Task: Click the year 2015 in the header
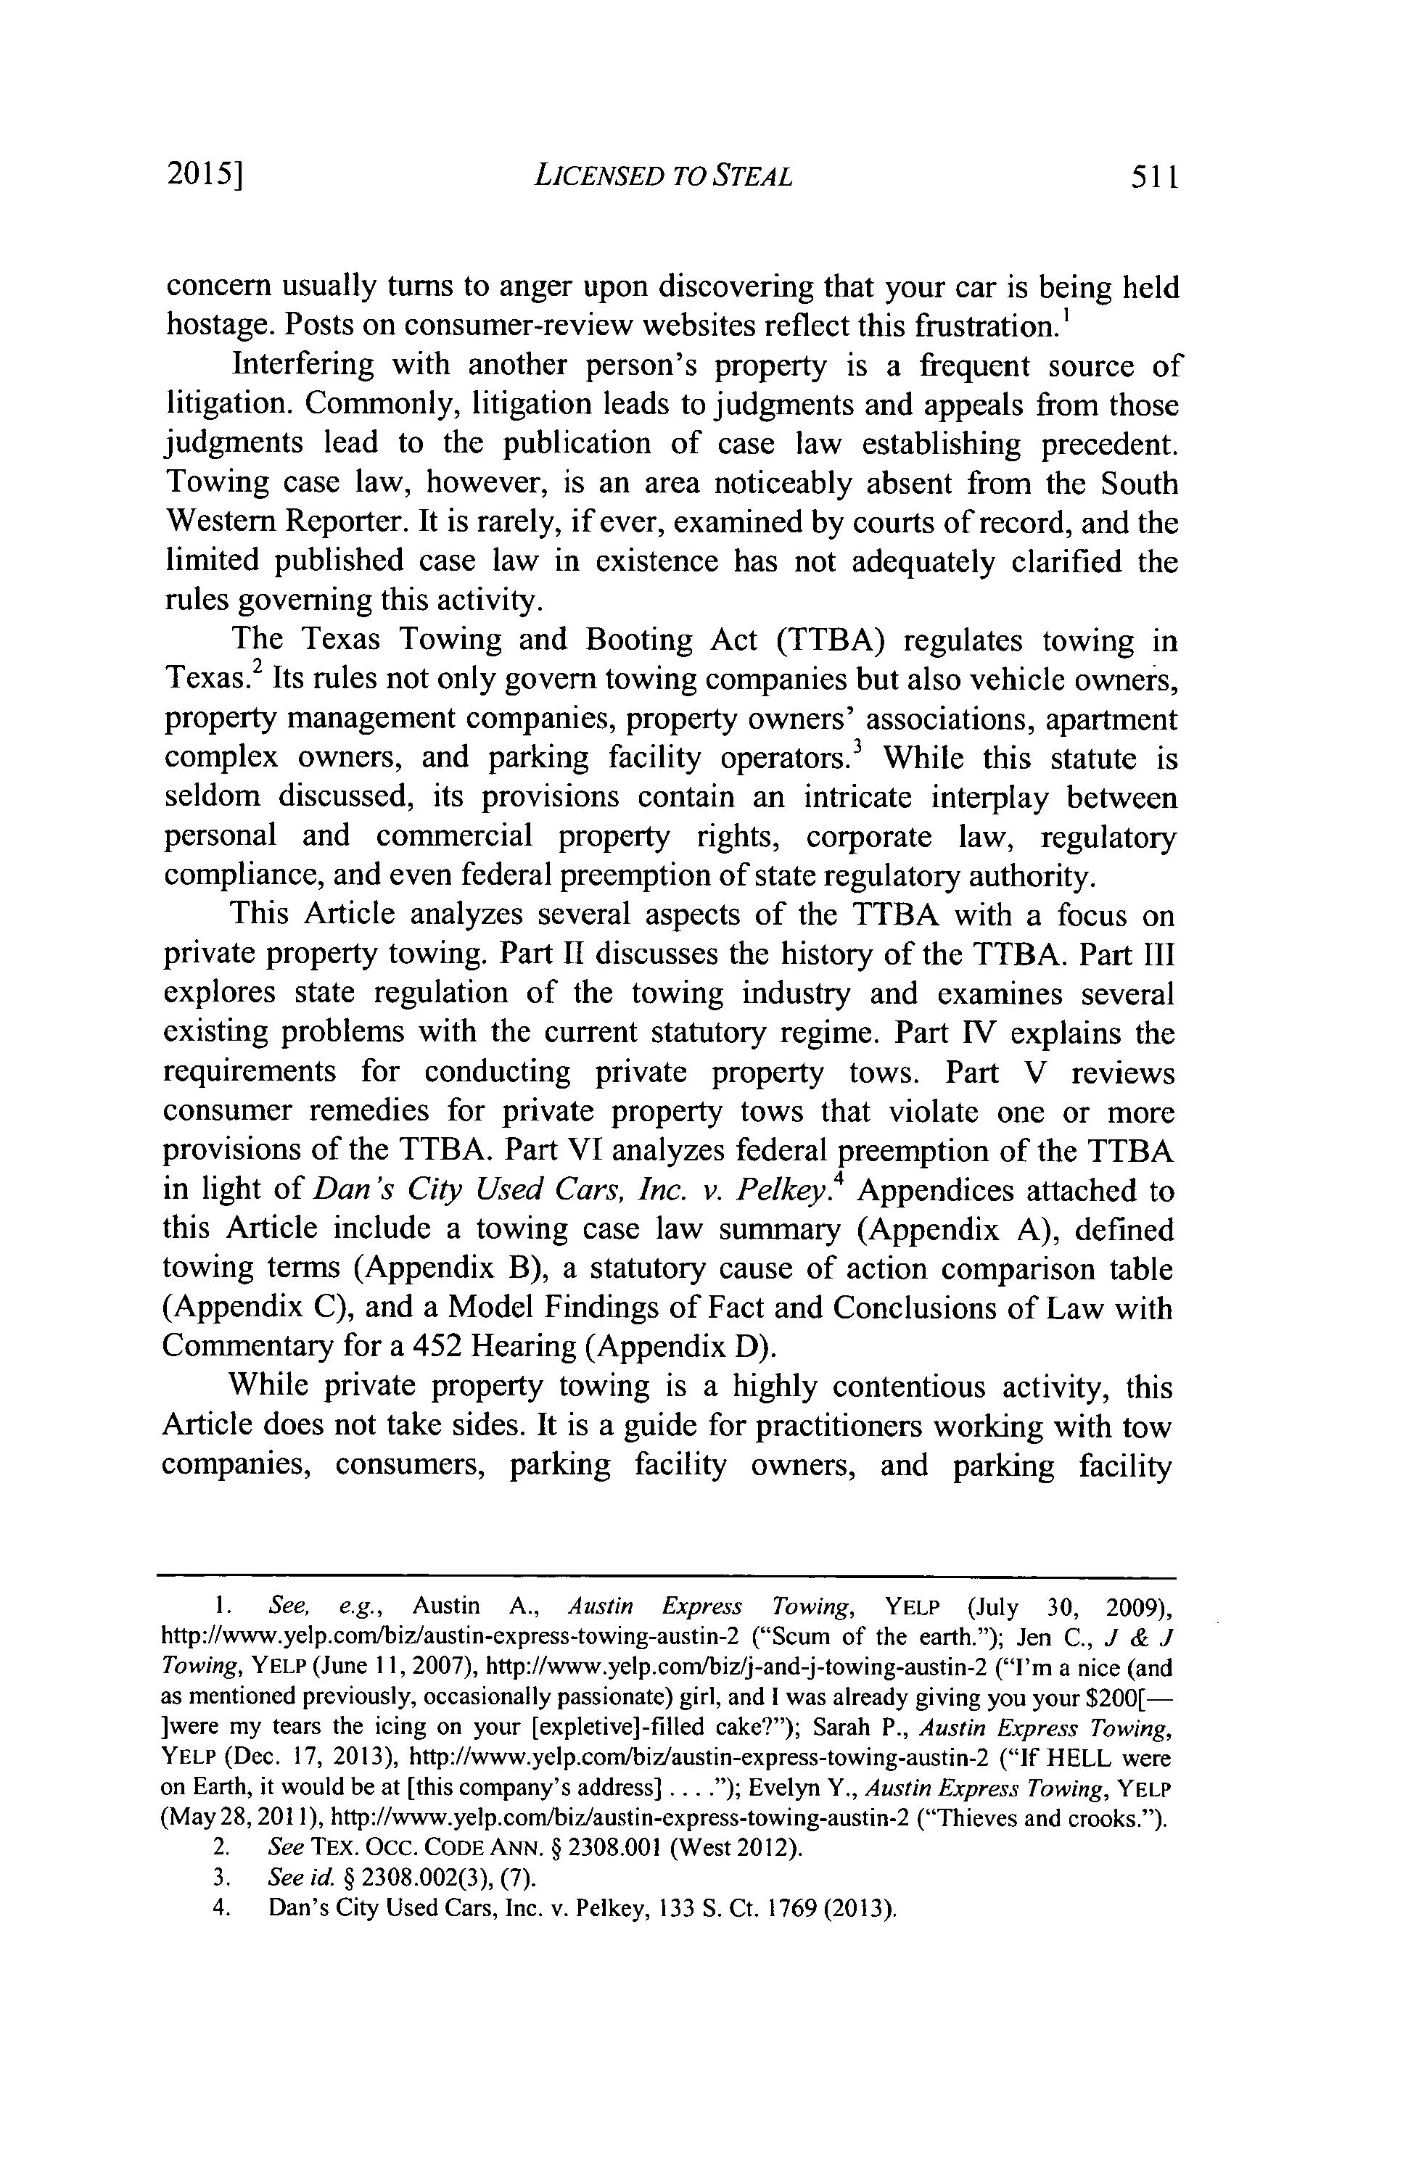coord(203,175)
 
